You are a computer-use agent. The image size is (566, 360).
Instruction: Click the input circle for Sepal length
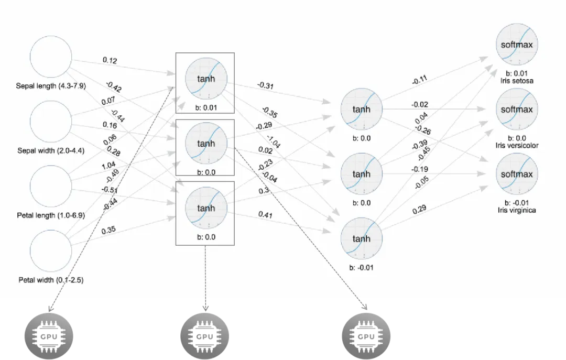click(x=51, y=57)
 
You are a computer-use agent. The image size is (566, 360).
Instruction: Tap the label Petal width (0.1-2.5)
click(x=51, y=280)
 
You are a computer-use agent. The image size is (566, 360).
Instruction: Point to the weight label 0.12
click(x=110, y=61)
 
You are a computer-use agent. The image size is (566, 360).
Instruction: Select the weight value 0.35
click(x=109, y=230)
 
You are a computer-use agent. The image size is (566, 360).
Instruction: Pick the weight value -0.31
click(x=266, y=85)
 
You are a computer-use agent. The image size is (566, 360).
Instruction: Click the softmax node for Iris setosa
click(x=517, y=45)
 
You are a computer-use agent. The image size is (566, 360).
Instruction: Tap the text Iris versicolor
click(x=517, y=145)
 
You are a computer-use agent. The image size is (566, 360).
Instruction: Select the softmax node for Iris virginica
click(x=517, y=174)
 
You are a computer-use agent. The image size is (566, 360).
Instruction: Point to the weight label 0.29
click(x=419, y=209)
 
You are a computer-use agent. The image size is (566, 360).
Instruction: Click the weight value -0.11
click(x=419, y=80)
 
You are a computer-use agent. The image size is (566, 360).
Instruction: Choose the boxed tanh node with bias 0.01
click(x=205, y=79)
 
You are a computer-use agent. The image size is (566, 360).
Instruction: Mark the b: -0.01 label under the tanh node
click(x=361, y=268)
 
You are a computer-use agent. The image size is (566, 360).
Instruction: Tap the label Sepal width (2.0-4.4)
click(x=51, y=150)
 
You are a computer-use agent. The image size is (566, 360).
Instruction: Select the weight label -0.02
click(x=420, y=105)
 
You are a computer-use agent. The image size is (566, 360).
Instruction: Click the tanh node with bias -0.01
click(x=361, y=238)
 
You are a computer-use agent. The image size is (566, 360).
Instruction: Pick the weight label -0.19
click(x=419, y=169)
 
